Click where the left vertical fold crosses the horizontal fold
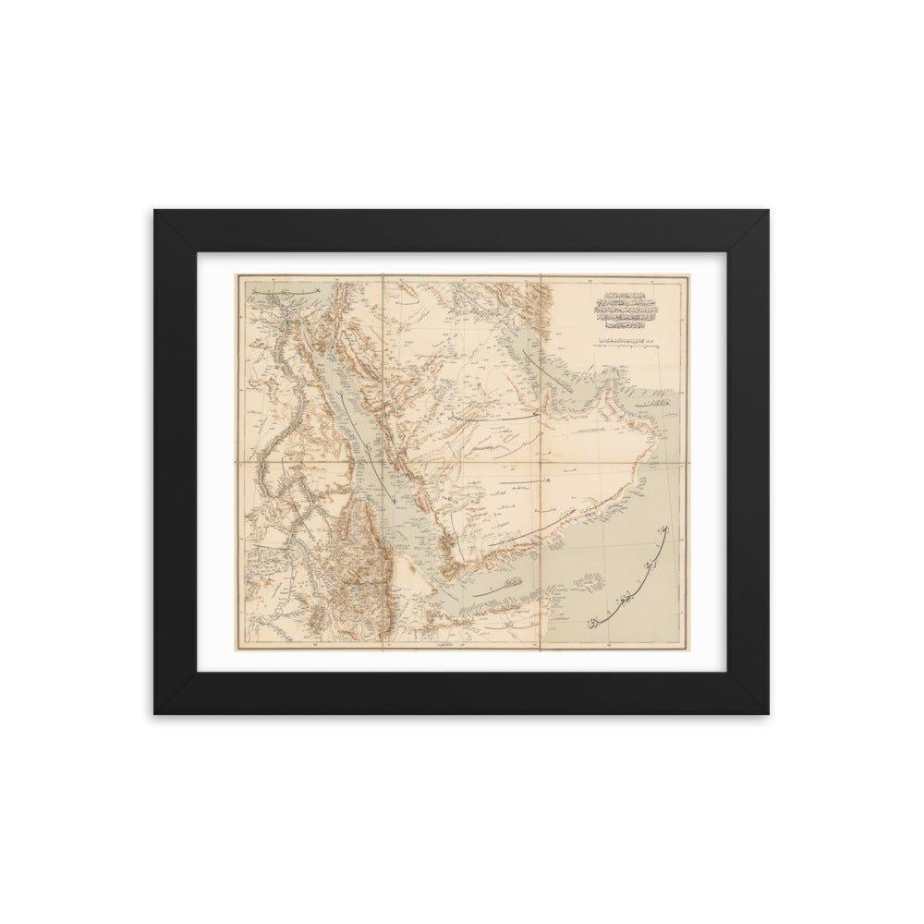(383, 459)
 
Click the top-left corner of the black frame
(154, 210)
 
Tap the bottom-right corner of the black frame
(769, 713)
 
